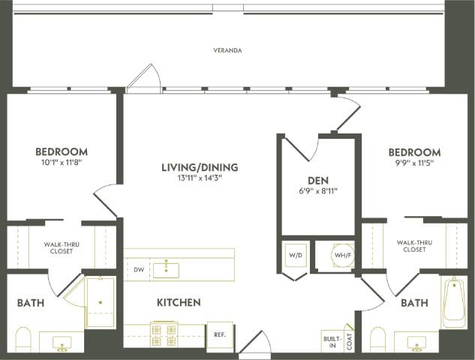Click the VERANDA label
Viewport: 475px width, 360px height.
[x=227, y=50]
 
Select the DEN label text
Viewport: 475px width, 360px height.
[x=318, y=181]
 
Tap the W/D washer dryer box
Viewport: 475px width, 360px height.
[x=294, y=255]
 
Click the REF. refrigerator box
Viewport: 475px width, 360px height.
[x=220, y=334]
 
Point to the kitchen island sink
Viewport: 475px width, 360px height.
[x=166, y=268]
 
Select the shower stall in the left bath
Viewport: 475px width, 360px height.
[x=99, y=302]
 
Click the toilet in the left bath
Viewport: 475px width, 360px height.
[x=23, y=339]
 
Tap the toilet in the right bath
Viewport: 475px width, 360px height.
[x=377, y=339]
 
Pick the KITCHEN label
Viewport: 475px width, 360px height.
[x=178, y=303]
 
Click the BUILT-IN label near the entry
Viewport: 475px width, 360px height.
[x=332, y=341]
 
